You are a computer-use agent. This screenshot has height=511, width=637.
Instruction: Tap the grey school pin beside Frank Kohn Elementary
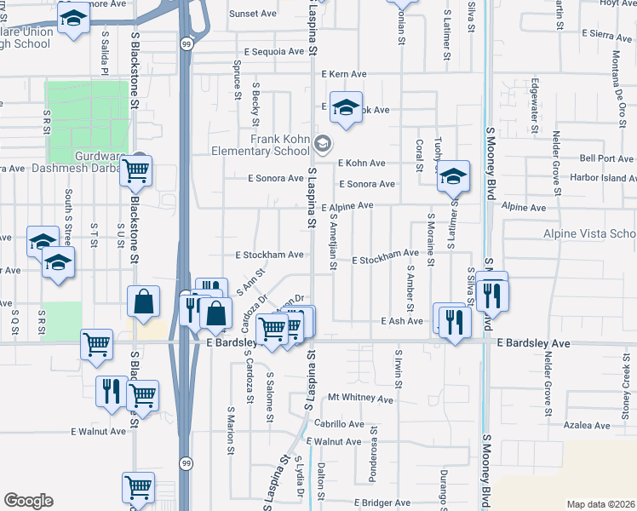pos(322,142)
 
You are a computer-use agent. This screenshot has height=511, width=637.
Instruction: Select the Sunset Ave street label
pos(253,14)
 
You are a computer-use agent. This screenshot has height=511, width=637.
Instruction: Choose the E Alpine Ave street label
pos(347,206)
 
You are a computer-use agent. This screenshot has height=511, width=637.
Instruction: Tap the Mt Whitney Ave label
pos(360,398)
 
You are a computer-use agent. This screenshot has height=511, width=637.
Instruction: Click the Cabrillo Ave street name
pos(339,423)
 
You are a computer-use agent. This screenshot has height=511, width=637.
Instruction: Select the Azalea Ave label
pos(583,423)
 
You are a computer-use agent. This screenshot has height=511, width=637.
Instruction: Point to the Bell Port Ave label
pos(606,158)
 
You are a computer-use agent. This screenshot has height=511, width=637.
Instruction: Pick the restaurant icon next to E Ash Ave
pos(454,321)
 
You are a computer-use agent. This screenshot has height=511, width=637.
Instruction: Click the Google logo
pos(28,501)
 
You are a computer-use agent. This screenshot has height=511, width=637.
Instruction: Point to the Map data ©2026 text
pos(600,504)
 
